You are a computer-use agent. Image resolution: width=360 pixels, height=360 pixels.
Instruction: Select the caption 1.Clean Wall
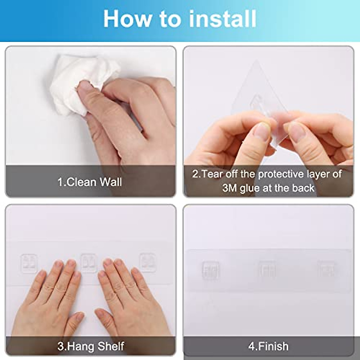90,182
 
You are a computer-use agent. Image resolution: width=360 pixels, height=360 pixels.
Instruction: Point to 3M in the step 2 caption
229,188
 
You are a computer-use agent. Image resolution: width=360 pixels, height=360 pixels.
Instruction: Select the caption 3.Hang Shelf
91,346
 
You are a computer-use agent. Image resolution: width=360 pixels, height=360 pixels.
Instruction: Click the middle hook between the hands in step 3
89,262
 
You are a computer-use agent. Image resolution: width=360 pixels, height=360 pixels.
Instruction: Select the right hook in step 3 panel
147,262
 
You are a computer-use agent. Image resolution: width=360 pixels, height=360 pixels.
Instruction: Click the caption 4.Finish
268,346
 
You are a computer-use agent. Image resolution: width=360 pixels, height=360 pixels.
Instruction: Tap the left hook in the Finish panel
210,270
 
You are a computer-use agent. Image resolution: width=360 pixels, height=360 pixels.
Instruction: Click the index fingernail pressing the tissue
84,87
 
